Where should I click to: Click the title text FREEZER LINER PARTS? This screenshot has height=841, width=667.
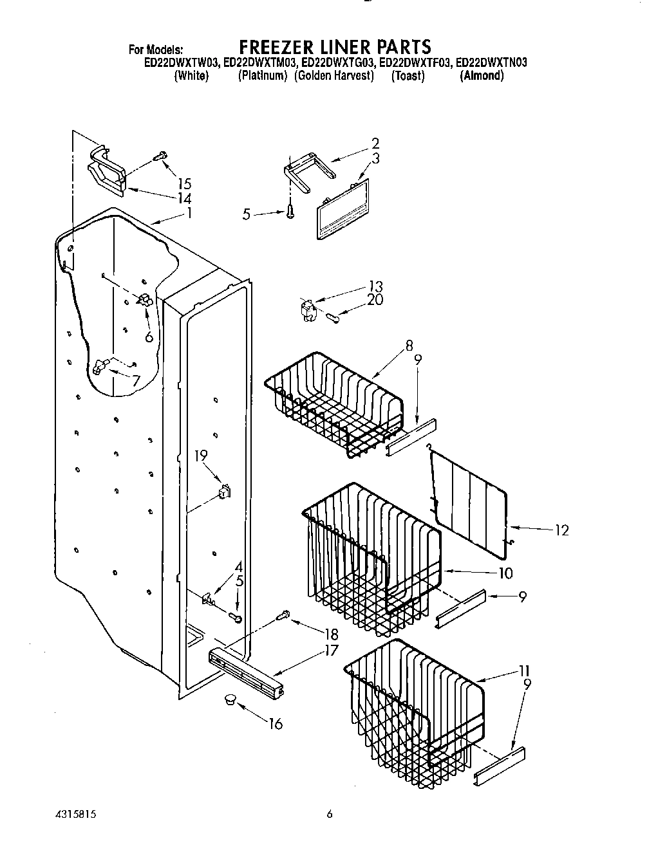point(335,46)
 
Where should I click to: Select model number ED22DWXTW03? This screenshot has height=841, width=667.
point(181,62)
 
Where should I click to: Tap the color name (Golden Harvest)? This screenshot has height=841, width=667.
point(333,76)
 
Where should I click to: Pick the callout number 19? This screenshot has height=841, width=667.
point(201,456)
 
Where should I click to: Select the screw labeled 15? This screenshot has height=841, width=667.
point(160,155)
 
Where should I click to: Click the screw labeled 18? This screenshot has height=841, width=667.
point(282,616)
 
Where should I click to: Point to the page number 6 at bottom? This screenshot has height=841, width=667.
point(329,814)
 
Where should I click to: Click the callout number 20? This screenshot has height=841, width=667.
point(375,300)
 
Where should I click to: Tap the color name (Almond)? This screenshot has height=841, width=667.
point(482,76)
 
